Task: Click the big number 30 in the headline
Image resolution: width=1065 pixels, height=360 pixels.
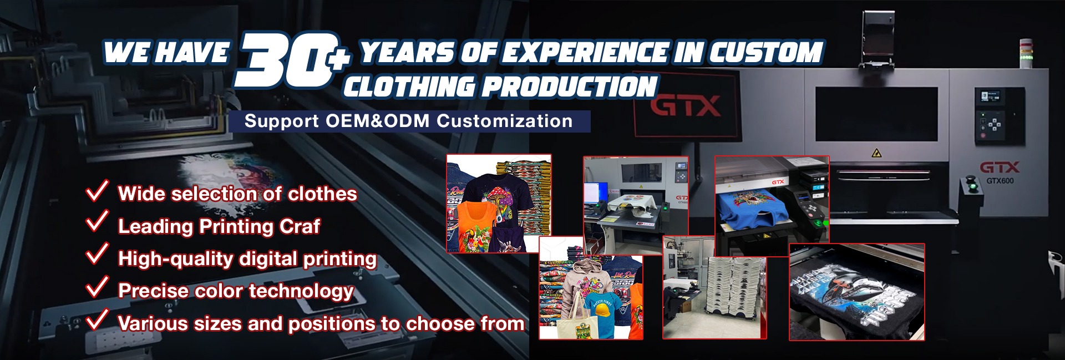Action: coord(283,60)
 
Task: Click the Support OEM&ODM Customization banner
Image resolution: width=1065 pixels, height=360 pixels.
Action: coord(409,121)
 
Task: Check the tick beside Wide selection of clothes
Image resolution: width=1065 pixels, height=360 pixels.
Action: coord(97,190)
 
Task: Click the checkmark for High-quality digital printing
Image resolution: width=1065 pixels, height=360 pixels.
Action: coord(97,254)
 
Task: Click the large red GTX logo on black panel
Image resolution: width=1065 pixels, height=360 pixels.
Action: coord(686,105)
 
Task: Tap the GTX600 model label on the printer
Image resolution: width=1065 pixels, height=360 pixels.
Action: coord(1000,181)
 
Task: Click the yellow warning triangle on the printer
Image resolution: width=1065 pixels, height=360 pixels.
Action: coord(876,153)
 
